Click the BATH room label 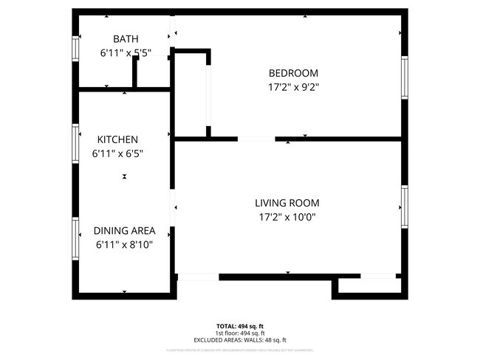pyautogui.click(x=126, y=38)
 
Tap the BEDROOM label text pyautogui.click(x=293, y=72)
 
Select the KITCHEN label pyautogui.click(x=117, y=139)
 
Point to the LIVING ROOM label pyautogui.click(x=287, y=203)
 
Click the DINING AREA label pyautogui.click(x=124, y=231)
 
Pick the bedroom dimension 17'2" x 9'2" pyautogui.click(x=293, y=86)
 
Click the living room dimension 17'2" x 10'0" pyautogui.click(x=287, y=217)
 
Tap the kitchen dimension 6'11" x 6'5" pyautogui.click(x=117, y=153)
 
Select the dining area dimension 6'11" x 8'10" pyautogui.click(x=124, y=245)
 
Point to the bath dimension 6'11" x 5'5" pyautogui.click(x=126, y=53)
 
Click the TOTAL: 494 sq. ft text pyautogui.click(x=240, y=325)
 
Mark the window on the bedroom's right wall pyautogui.click(x=404, y=77)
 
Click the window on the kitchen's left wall pyautogui.click(x=75, y=142)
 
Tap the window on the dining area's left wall pyautogui.click(x=75, y=238)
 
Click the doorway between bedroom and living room pyautogui.click(x=256, y=138)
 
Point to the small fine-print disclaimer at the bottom pyautogui.click(x=240, y=350)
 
